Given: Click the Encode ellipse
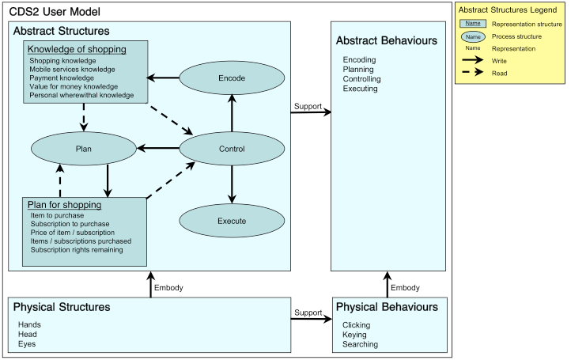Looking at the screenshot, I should pos(231,78).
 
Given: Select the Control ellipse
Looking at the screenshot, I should pos(231,148).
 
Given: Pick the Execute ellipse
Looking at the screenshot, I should pos(231,220).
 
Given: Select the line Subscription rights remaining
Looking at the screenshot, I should pos(77,250).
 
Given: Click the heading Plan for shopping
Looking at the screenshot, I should pos(64,205).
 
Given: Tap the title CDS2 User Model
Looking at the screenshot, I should pos(50,13).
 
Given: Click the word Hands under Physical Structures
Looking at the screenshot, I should pos(29,324).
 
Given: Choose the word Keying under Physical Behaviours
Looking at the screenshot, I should pos(355,335).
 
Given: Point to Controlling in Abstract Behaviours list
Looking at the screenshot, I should pos(361,79).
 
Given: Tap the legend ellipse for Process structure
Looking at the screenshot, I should pos(473,36).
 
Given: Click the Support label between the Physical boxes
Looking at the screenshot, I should pos(308,313).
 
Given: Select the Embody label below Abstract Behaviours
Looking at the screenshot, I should pos(405,288).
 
